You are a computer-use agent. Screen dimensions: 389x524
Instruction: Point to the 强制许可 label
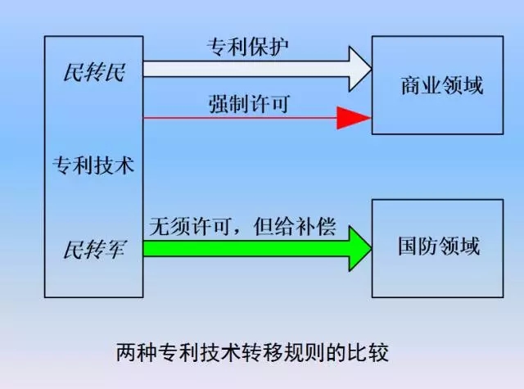[x=249, y=104]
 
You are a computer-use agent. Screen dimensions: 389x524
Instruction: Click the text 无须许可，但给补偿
[x=241, y=226]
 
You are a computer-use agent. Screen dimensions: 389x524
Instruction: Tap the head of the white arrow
[x=358, y=71]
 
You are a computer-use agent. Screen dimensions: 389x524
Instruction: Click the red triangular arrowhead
[x=354, y=119]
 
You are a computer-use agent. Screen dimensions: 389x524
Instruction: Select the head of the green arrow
[x=357, y=247]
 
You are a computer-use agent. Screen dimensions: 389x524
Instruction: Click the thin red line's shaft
[x=237, y=119]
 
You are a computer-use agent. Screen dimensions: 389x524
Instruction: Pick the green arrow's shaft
[x=246, y=247]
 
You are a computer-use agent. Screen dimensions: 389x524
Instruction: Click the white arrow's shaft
[x=246, y=71]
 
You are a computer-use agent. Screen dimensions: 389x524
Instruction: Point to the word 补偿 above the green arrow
[x=318, y=226]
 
